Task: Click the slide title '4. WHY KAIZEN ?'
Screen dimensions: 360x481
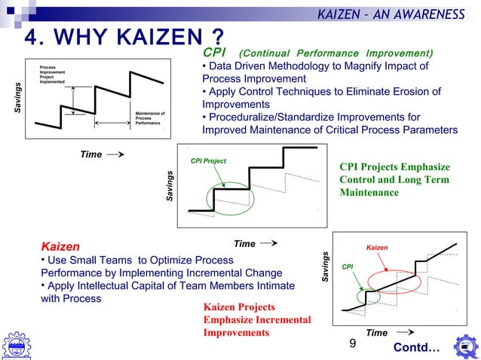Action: coord(124,37)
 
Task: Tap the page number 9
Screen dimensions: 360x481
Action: coord(352,344)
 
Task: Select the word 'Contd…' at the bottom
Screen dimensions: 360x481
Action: coord(415,348)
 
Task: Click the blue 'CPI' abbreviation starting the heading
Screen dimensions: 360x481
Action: coord(214,53)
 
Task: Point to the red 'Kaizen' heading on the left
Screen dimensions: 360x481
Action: coord(60,246)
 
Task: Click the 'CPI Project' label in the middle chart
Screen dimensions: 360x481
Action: coord(208,161)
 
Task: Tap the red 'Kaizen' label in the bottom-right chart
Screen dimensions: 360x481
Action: coord(376,246)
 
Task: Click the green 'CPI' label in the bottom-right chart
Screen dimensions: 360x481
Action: coord(348,266)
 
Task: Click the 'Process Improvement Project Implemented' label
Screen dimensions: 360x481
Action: coord(52,75)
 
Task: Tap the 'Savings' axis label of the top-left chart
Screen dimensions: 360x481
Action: coord(18,99)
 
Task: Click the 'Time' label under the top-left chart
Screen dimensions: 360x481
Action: coord(90,154)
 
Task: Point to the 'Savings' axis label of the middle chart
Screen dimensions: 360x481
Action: coord(170,185)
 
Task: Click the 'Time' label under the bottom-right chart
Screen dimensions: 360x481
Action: coord(376,332)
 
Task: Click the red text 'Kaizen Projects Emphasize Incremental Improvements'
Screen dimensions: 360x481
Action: coord(257,320)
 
